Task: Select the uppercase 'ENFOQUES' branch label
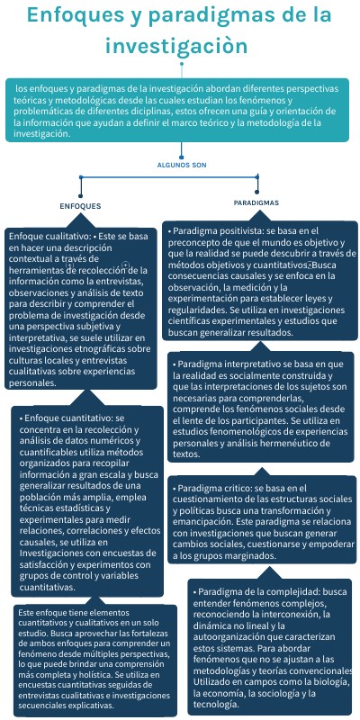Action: (79, 207)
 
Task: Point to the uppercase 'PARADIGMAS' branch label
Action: (256, 203)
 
